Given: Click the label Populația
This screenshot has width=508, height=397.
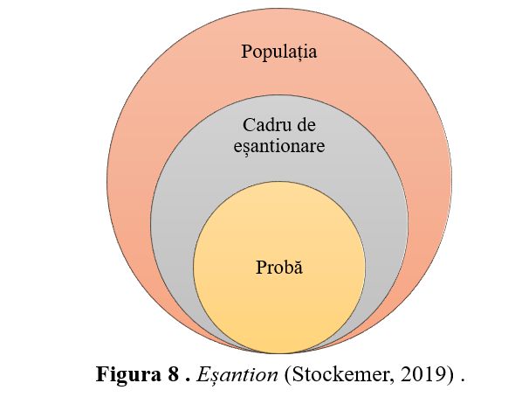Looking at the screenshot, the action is click(279, 52).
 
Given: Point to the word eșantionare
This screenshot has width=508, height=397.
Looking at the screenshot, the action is click(279, 146).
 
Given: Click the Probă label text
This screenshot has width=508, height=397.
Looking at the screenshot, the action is click(279, 268).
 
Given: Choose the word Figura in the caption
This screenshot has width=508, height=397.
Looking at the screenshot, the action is click(128, 375).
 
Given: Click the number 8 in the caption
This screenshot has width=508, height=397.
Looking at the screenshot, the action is click(174, 374).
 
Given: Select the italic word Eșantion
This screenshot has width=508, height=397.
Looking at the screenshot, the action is click(237, 375).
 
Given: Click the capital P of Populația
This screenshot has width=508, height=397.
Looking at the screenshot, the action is click(246, 52).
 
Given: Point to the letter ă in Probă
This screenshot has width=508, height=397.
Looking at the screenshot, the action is click(299, 268).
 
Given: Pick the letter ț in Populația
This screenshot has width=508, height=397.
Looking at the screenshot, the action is click(300, 53).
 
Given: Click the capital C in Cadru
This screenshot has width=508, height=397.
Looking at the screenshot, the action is click(249, 125).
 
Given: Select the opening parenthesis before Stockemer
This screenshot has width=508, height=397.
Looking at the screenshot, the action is click(288, 375).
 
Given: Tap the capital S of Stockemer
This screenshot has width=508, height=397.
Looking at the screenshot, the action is click(297, 374).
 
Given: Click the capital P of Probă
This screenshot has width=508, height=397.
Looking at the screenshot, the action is click(261, 268).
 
